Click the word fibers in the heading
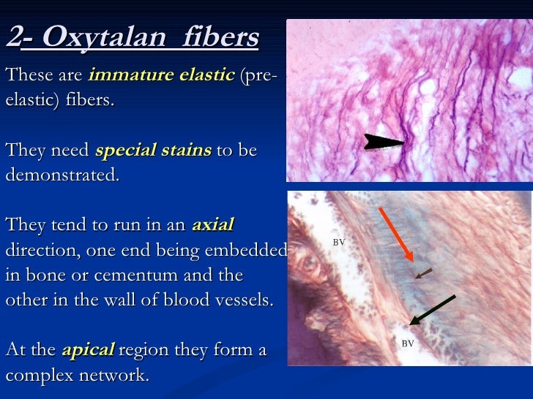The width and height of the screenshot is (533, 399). (x=220, y=38)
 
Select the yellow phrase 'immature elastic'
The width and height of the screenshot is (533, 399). (x=160, y=75)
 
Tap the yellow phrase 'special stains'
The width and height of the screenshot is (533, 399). (x=153, y=150)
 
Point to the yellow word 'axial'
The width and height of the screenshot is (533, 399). (x=212, y=225)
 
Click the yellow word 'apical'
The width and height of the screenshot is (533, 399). (x=88, y=349)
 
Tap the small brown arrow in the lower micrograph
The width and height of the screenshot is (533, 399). (x=423, y=274)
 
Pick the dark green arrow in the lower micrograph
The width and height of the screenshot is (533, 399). (x=433, y=309)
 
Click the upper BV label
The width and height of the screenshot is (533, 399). (x=339, y=241)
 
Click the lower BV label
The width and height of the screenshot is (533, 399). (x=408, y=343)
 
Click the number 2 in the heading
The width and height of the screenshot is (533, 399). (x=12, y=38)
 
